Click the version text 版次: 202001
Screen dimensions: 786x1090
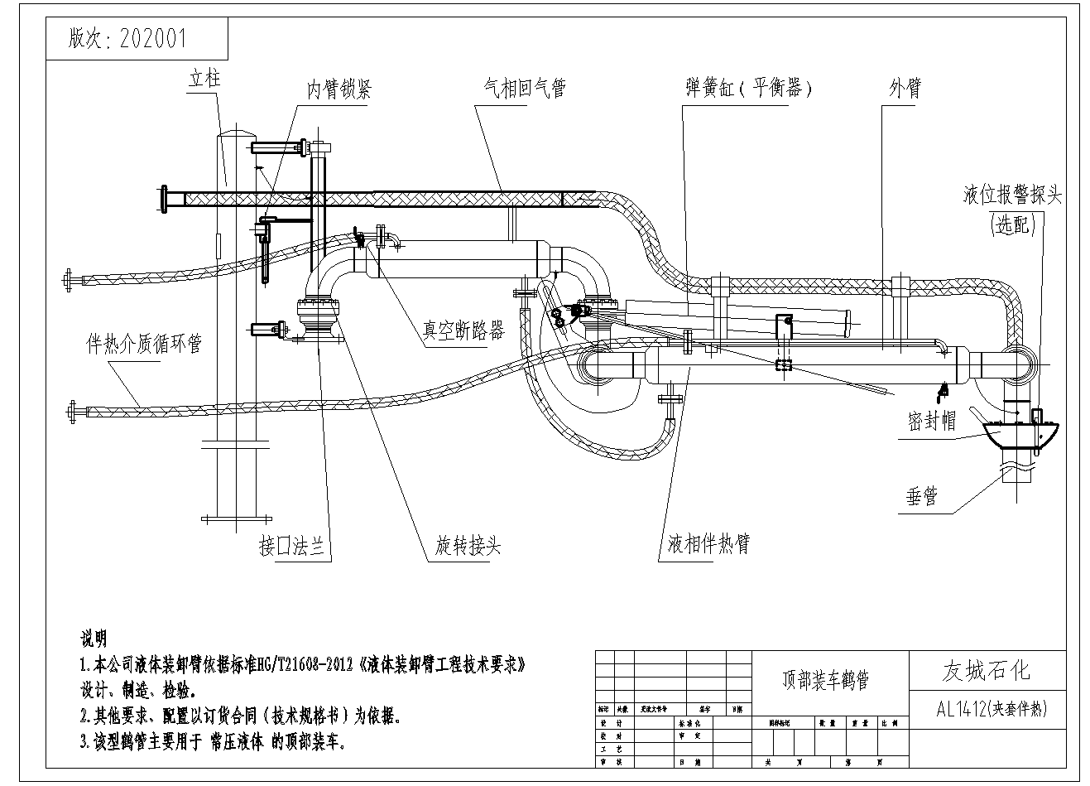tap(128, 39)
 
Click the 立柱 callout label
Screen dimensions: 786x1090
tap(204, 80)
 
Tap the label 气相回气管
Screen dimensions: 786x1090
tap(524, 89)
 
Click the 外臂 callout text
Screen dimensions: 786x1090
tap(905, 89)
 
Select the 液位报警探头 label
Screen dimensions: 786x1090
tap(1012, 195)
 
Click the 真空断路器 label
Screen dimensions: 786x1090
tap(463, 330)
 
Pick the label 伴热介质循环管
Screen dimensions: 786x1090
tap(145, 343)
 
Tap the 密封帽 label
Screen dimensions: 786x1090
tap(932, 422)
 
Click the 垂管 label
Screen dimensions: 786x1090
tap(920, 497)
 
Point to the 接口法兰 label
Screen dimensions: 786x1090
tap(291, 547)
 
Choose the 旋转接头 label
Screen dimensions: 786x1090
tap(468, 547)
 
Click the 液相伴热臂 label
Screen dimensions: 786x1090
tap(708, 545)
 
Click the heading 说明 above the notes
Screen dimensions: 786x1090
tap(94, 639)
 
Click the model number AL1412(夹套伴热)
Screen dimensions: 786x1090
tap(992, 709)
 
